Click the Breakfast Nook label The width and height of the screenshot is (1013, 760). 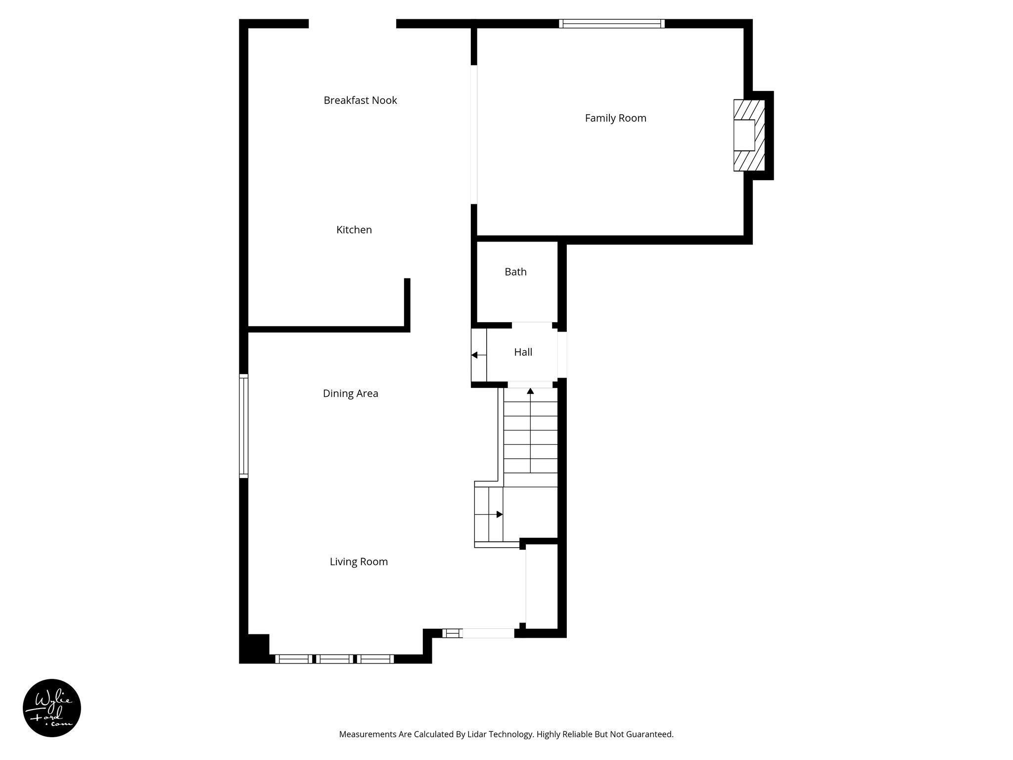coord(360,100)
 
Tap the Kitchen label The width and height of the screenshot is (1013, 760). coord(354,230)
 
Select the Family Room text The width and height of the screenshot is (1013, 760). coord(615,118)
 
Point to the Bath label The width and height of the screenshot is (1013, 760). coord(515,272)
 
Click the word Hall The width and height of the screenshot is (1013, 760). coord(523,352)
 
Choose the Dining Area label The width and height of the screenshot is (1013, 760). coord(350,393)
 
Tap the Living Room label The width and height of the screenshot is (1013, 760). coord(359,562)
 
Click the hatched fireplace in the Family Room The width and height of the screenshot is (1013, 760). coord(749,135)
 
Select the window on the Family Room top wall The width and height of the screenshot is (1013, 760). coord(612,24)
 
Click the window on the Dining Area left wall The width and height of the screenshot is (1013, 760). coord(243,426)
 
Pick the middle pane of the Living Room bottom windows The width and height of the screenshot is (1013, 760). coord(335,659)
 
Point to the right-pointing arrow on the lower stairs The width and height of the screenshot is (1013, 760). coord(499,515)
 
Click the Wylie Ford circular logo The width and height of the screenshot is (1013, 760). coord(52,708)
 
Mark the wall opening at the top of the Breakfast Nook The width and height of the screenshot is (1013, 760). coord(352,24)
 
